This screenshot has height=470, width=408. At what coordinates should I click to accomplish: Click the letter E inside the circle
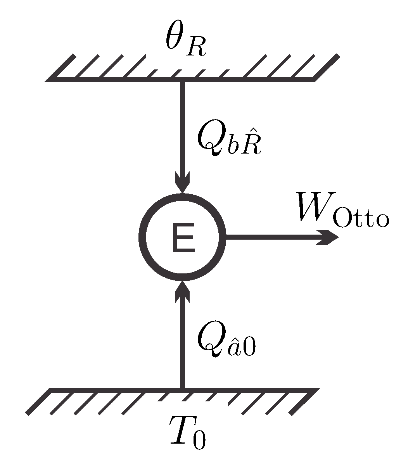(x=183, y=238)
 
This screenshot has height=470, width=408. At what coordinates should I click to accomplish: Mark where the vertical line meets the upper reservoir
(x=182, y=81)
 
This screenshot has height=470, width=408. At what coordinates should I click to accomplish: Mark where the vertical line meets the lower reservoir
(x=182, y=389)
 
